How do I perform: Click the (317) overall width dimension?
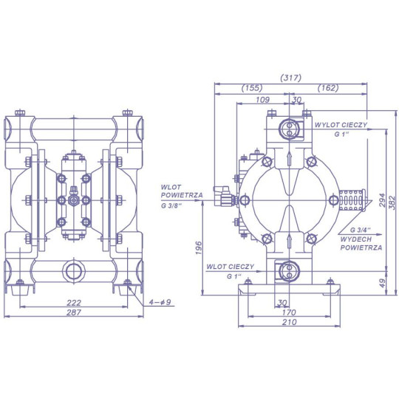(291, 78)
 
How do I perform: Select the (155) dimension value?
(252, 88)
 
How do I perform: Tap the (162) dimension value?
(328, 88)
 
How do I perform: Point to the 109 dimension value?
(262, 100)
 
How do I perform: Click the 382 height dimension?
(393, 202)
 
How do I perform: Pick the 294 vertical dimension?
(383, 201)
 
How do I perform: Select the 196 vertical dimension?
(199, 248)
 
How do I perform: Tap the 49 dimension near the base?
(383, 283)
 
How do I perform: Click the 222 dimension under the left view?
(74, 303)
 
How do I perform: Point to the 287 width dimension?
(74, 313)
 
